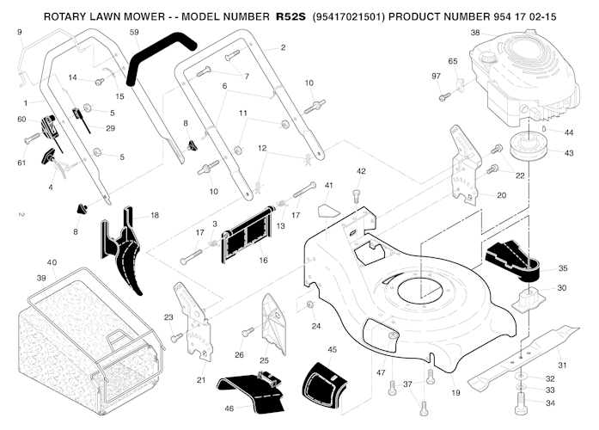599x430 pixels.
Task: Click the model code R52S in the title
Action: click(x=291, y=16)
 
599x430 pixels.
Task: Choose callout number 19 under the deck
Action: click(x=456, y=392)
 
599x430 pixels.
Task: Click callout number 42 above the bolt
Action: click(x=361, y=171)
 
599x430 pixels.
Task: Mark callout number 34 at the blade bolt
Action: click(x=550, y=402)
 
